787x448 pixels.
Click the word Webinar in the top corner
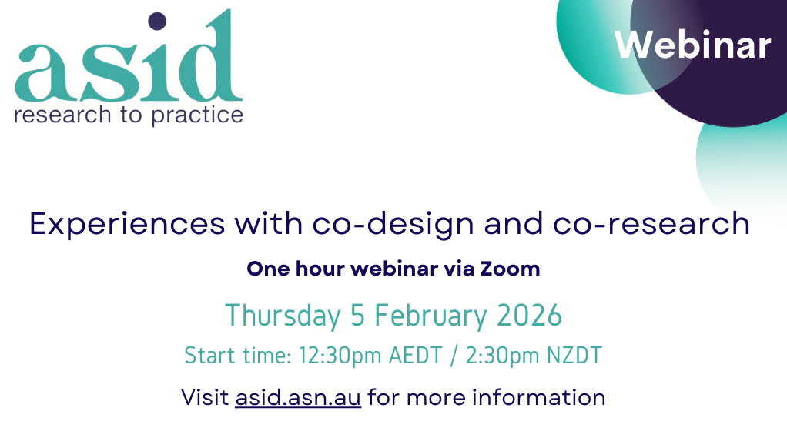(692, 46)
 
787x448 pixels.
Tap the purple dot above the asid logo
(157, 21)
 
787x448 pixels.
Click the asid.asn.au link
(298, 397)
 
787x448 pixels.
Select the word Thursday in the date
(282, 316)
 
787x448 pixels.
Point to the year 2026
(528, 316)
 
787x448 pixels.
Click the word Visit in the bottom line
(205, 397)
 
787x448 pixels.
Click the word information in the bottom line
(538, 397)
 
